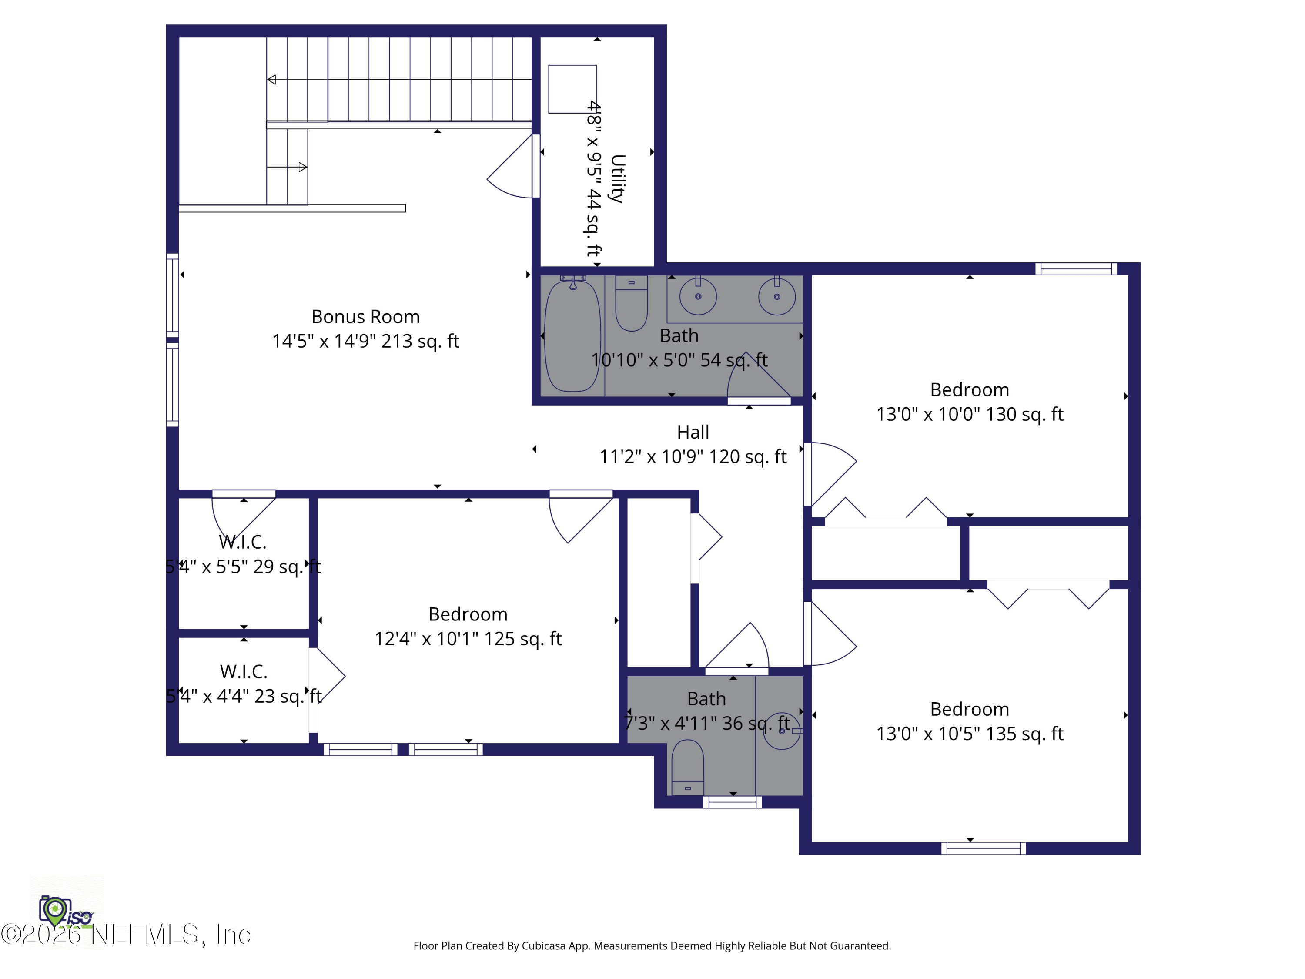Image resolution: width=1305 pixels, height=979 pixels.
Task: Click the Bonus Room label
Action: [x=365, y=317]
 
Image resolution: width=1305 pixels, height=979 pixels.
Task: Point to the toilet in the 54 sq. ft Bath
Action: [x=631, y=304]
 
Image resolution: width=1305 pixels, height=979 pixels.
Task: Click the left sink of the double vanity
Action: [x=698, y=296]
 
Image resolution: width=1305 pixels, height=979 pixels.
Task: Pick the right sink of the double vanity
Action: [x=776, y=296]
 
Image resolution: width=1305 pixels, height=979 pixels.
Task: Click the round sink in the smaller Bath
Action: [x=782, y=731]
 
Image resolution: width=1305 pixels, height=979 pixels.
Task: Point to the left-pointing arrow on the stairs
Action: [x=272, y=80]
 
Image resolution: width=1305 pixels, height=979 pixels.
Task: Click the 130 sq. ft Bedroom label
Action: [x=969, y=390]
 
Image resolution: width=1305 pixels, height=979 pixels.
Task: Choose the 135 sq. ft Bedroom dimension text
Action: [x=969, y=734]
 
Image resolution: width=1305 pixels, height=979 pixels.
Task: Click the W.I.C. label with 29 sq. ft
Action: [x=242, y=542]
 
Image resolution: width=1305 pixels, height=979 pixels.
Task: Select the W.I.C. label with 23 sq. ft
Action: [x=244, y=671]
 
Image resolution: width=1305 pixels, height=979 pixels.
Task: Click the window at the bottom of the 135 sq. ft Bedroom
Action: [x=983, y=848]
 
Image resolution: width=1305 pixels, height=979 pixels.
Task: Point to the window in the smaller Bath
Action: [x=732, y=802]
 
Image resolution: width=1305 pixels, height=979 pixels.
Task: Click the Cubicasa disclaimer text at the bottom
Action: [x=652, y=946]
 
